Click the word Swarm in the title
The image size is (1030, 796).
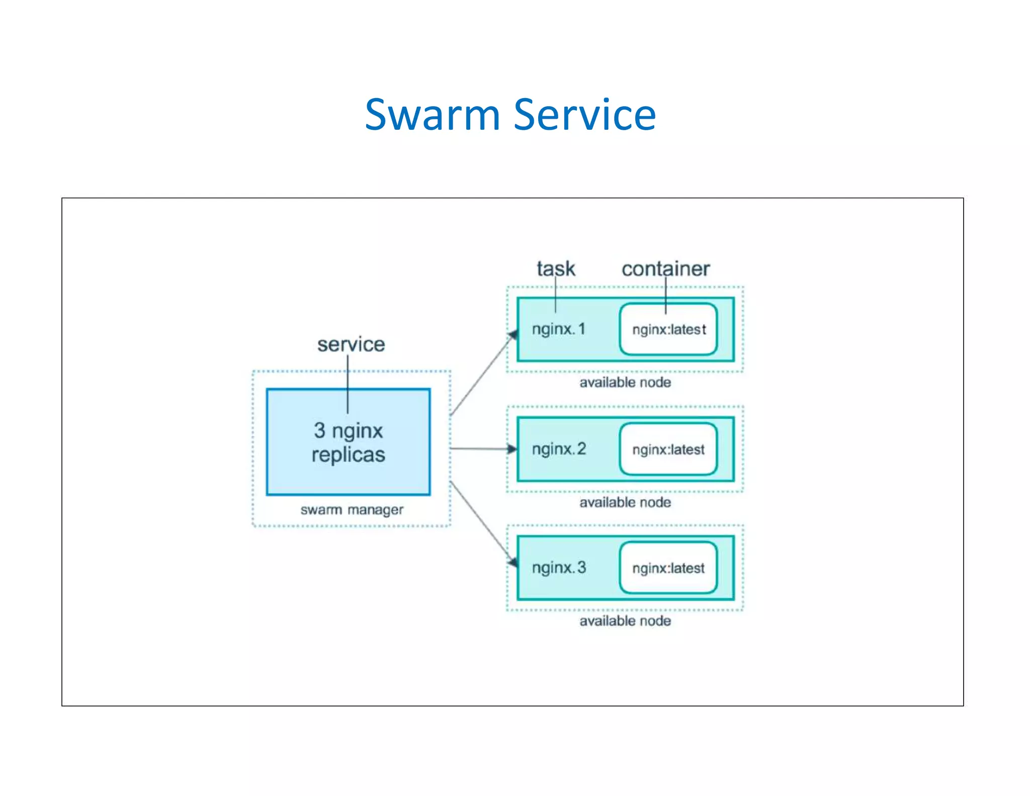pos(432,115)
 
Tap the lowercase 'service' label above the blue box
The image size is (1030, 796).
pos(351,345)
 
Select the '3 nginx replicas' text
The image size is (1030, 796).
pos(348,442)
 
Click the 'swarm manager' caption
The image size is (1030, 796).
pos(352,510)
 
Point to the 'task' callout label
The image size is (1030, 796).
pos(555,269)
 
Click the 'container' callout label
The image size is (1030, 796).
pos(665,269)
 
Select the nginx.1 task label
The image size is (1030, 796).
pos(558,329)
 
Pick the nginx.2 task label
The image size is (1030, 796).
pos(559,449)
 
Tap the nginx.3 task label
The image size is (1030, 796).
pos(559,568)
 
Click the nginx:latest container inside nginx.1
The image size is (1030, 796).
pos(668,330)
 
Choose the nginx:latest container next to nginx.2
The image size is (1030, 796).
pos(668,449)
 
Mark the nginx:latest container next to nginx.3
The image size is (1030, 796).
pos(668,568)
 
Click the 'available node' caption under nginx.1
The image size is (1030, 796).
pos(625,382)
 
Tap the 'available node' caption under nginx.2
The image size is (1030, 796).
pos(625,502)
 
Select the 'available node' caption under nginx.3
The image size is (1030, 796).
pos(625,621)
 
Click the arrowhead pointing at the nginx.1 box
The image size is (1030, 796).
pos(513,335)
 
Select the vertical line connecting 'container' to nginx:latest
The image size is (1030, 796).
pos(665,297)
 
